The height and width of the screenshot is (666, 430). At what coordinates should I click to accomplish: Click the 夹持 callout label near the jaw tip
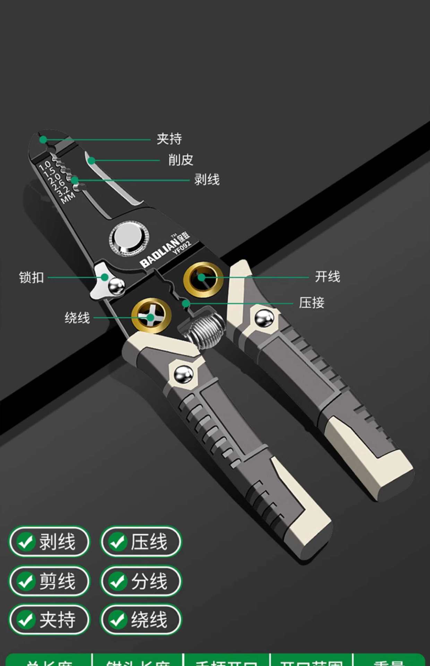(169, 139)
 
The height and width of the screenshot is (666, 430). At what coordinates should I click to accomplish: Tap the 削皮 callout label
(181, 160)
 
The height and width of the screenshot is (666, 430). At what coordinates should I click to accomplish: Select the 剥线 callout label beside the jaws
(207, 180)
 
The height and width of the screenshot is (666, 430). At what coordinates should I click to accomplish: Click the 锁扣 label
(32, 278)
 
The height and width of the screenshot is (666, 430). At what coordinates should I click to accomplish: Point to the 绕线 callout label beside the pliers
(77, 318)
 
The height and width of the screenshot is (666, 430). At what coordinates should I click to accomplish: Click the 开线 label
(327, 277)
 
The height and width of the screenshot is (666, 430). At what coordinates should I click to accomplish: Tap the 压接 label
(311, 303)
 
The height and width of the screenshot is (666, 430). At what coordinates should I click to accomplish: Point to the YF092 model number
(182, 247)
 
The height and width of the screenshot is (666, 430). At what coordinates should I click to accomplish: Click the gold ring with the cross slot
(151, 316)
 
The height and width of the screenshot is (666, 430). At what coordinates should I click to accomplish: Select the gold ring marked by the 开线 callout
(203, 279)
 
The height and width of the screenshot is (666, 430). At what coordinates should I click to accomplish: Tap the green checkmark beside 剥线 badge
(26, 542)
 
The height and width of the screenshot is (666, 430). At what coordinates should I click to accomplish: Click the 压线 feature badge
(141, 542)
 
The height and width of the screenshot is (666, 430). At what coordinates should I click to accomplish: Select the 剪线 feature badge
(49, 581)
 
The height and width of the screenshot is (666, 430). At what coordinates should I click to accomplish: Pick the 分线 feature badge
(141, 581)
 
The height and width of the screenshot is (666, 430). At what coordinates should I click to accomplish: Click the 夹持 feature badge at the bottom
(49, 620)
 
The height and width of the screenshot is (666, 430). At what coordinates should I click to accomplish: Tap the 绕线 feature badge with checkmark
(141, 620)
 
